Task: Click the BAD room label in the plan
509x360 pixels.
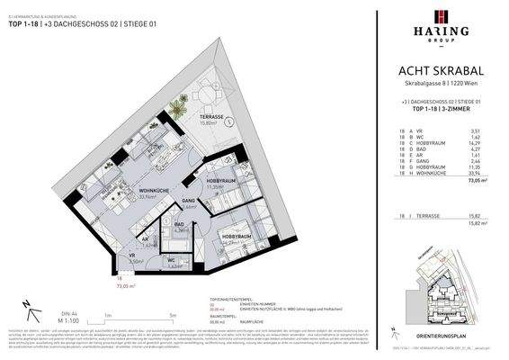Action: coord(180,225)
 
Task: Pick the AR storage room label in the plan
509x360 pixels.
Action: coord(147,239)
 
